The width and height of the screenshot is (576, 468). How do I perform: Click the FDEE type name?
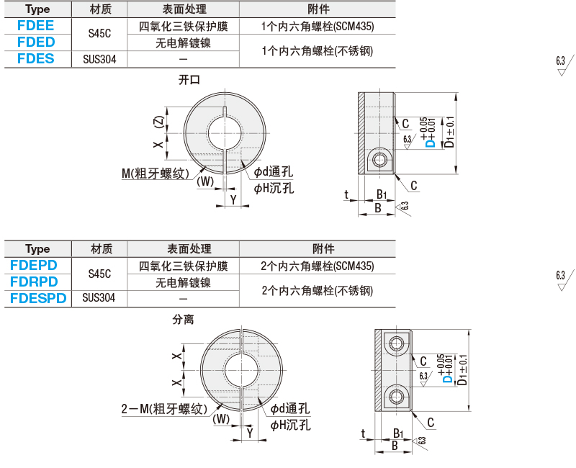(35, 25)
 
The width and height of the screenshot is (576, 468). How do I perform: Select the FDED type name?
(36, 42)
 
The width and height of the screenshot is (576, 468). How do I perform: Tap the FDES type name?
(35, 59)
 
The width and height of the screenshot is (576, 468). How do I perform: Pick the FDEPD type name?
(34, 265)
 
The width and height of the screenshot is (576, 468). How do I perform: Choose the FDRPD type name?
(34, 282)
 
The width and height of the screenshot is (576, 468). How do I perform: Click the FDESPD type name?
(38, 298)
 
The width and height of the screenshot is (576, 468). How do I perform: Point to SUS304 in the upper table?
(99, 59)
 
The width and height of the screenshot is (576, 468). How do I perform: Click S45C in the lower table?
(99, 274)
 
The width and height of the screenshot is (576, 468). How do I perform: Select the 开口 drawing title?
(189, 80)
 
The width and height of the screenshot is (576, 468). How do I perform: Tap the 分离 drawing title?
(184, 320)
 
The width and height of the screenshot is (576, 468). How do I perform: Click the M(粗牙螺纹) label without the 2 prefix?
(156, 174)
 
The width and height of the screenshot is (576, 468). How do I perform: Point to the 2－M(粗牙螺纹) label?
(164, 409)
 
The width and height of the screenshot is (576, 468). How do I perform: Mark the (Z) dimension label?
(158, 122)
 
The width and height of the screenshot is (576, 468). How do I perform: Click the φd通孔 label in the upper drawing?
(274, 171)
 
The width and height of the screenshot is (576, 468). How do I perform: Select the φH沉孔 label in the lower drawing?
(291, 426)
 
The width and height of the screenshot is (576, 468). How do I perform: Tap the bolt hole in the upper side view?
(379, 160)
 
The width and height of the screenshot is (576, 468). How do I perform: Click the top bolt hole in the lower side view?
(396, 344)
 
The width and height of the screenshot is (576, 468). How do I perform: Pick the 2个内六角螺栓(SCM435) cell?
(318, 266)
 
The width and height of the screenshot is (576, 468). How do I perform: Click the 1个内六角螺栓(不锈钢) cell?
(318, 50)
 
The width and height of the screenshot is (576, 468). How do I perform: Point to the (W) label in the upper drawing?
(205, 181)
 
